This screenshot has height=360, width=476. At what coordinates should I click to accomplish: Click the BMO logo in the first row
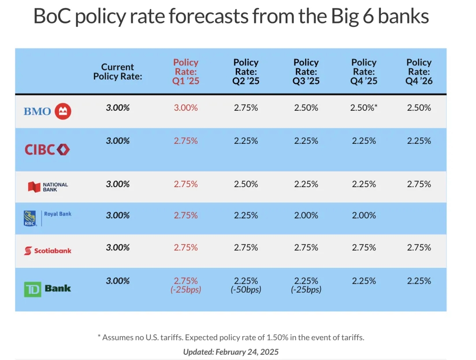pyautogui.click(x=47, y=111)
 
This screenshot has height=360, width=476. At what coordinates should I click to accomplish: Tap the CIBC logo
pyautogui.click(x=47, y=150)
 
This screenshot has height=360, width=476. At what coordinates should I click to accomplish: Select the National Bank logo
pyautogui.click(x=48, y=187)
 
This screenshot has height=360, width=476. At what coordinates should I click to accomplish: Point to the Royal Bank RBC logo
pyautogui.click(x=47, y=218)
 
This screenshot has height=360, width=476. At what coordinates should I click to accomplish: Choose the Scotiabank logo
pyautogui.click(x=48, y=251)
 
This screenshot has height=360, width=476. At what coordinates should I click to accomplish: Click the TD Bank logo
pyautogui.click(x=47, y=289)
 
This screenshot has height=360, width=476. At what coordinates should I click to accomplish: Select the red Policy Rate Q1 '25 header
pyautogui.click(x=186, y=72)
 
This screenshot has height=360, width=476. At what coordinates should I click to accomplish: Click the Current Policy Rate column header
pyautogui.click(x=118, y=71)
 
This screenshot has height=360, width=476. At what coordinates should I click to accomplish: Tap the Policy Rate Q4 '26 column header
pyautogui.click(x=419, y=72)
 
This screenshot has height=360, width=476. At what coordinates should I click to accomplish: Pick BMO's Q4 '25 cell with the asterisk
pyautogui.click(x=364, y=108)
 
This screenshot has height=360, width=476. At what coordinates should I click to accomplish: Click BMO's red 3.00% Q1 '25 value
pyautogui.click(x=186, y=108)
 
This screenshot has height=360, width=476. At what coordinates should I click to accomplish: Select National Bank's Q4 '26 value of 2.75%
pyautogui.click(x=419, y=184)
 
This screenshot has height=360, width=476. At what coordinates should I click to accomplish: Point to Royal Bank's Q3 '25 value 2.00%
pyautogui.click(x=306, y=215)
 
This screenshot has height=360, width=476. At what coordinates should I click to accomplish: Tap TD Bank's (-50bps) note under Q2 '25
pyautogui.click(x=246, y=289)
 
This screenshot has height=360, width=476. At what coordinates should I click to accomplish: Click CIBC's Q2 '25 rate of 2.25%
pyautogui.click(x=246, y=141)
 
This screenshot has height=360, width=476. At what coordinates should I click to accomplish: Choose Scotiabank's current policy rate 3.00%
pyautogui.click(x=118, y=247)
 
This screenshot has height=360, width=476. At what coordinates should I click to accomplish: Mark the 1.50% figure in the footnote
pyautogui.click(x=278, y=337)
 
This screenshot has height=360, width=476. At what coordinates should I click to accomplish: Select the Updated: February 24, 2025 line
pyautogui.click(x=231, y=352)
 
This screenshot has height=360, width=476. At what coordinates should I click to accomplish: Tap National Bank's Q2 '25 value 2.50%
pyautogui.click(x=246, y=184)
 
